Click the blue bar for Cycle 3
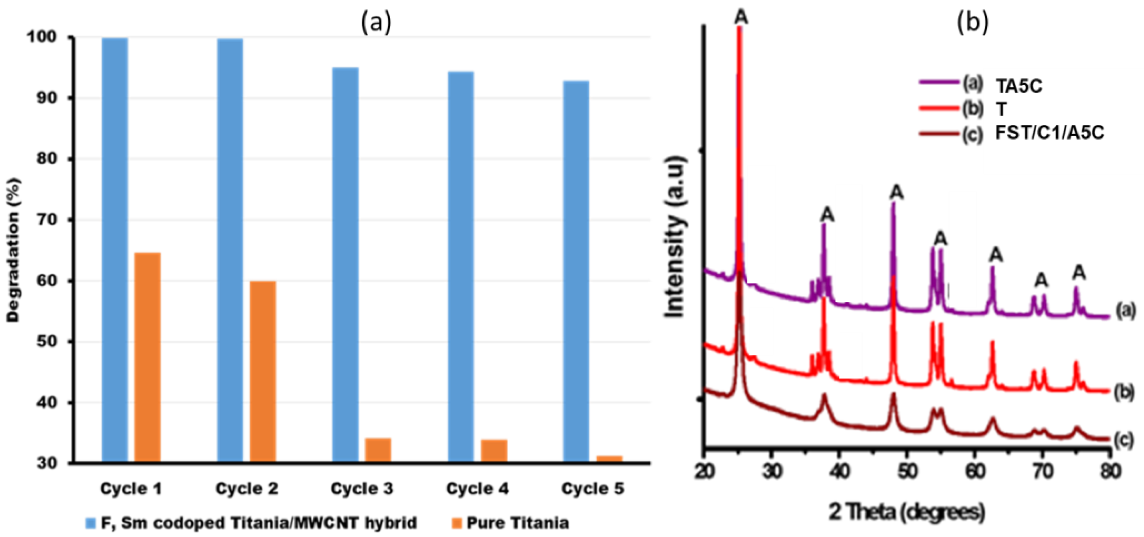(x=345, y=265)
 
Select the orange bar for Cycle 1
(x=147, y=357)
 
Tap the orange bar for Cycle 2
(x=263, y=372)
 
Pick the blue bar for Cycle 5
(x=576, y=271)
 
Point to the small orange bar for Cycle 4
(x=494, y=451)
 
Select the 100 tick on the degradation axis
(x=43, y=37)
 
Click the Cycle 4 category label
(x=477, y=489)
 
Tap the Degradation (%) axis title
(x=13, y=250)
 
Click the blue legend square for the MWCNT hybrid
(x=91, y=523)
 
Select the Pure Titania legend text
(x=517, y=523)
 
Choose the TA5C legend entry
(x=1018, y=86)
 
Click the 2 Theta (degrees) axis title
(x=907, y=512)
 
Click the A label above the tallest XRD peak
(x=741, y=17)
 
